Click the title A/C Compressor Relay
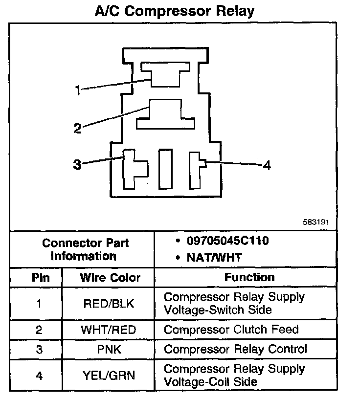(175, 11)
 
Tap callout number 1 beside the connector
(77, 90)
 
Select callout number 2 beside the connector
(77, 128)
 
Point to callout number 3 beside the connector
(77, 164)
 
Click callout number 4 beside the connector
(267, 166)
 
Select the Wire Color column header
(110, 278)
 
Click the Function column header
(249, 277)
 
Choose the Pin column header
(41, 278)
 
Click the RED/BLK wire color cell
(109, 304)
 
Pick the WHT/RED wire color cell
(108, 330)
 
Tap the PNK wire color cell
(109, 350)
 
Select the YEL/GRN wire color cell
(109, 376)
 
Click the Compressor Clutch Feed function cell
(231, 330)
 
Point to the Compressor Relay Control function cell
(235, 350)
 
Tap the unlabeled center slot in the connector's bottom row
(165, 169)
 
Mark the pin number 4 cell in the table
(39, 376)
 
